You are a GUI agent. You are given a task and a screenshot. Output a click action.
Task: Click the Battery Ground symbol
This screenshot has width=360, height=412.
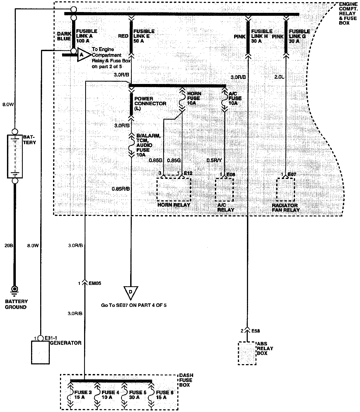coord(15,289)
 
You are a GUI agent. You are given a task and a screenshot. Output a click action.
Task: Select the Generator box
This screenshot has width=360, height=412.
coord(40,352)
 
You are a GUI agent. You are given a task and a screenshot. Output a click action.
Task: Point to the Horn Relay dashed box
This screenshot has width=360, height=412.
coord(174,189)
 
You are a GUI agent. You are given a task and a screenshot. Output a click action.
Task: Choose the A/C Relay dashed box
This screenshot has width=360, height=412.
coord(224,189)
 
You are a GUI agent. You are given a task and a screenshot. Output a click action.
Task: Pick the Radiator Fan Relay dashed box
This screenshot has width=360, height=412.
coord(286,189)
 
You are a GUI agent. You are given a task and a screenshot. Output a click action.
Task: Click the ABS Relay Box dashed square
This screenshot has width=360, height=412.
coord(247,353)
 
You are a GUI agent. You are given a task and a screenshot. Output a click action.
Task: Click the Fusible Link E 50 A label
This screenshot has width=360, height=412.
coord(144,36)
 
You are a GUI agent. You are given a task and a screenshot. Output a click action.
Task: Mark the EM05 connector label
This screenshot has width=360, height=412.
coord(95,283)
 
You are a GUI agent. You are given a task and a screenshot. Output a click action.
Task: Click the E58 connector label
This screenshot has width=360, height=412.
coord(256,331)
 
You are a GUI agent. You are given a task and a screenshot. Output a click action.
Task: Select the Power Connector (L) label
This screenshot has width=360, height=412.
coord(150,103)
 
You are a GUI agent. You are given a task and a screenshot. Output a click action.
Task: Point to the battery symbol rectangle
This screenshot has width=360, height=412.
coord(15,157)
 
